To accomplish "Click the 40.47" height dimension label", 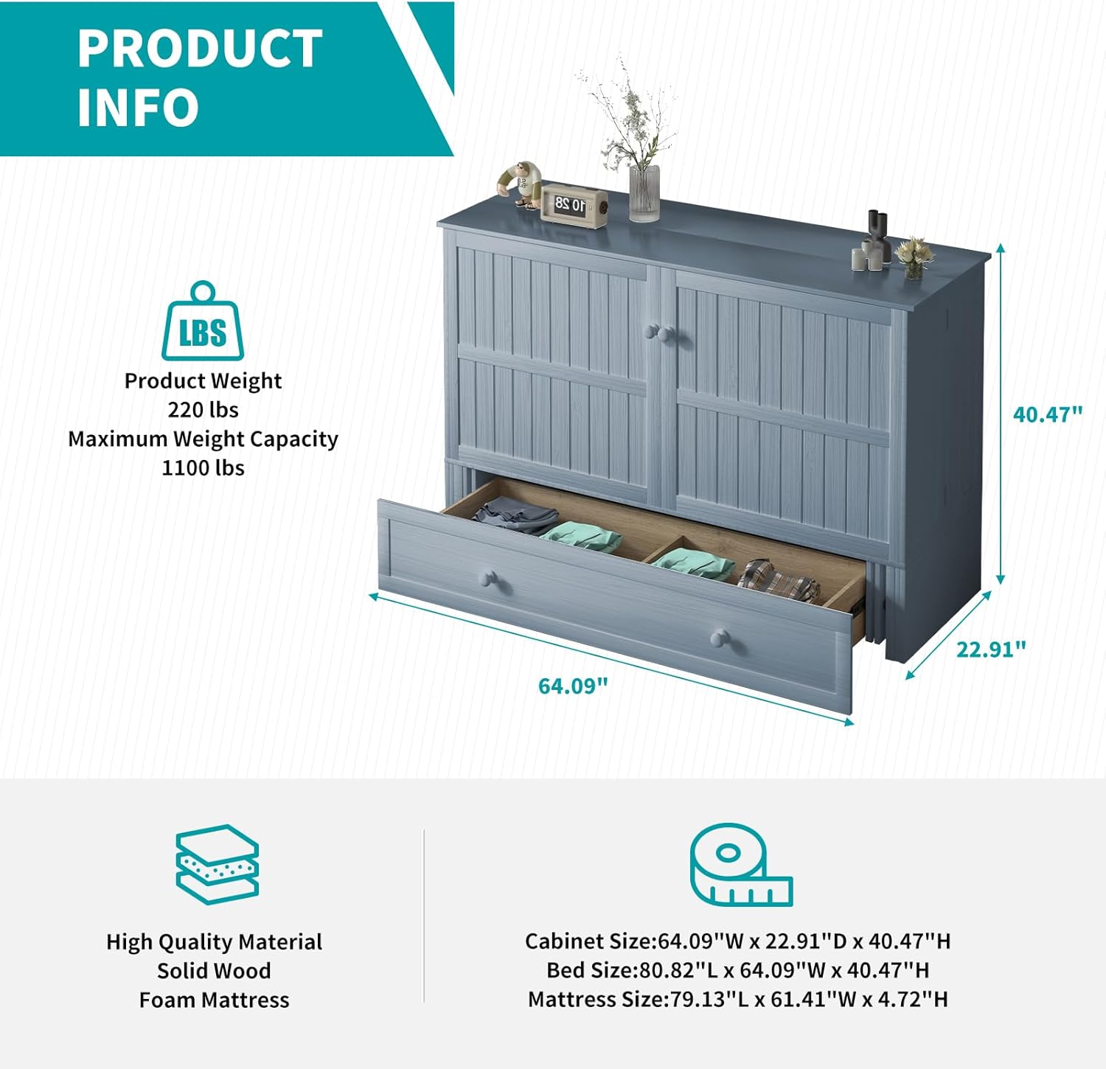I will click(1047, 414).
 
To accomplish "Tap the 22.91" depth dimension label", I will click(990, 650).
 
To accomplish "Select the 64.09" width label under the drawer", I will click(573, 686).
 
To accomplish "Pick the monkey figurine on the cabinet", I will click(521, 184).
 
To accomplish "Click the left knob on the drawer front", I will click(487, 578).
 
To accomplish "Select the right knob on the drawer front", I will click(720, 638).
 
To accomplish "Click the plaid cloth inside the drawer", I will click(778, 580).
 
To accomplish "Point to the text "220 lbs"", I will click(203, 410).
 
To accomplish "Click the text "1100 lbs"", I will click(203, 468).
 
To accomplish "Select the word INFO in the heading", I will click(138, 108).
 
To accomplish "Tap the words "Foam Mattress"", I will click(214, 1000).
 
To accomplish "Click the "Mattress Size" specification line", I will click(737, 1000).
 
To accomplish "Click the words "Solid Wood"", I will click(214, 971).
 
